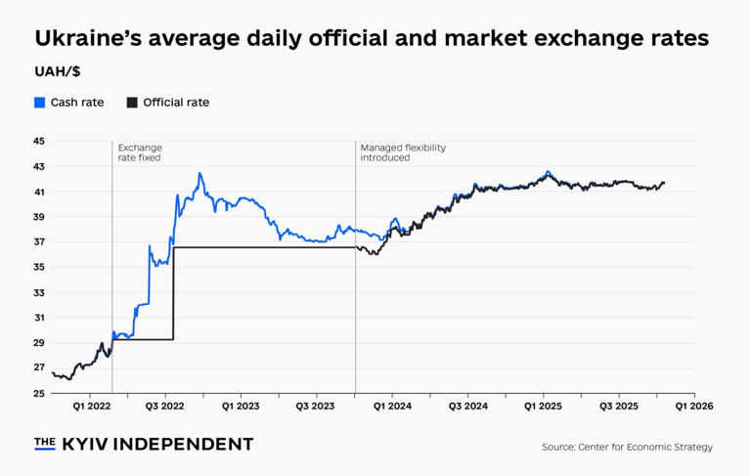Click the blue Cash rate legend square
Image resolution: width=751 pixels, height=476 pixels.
(x=40, y=103)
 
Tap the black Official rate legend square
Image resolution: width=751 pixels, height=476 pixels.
(x=132, y=103)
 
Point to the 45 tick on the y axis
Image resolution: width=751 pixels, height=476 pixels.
(x=39, y=142)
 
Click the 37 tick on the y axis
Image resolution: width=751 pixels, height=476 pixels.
(x=39, y=242)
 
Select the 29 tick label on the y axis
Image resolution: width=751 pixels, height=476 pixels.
(x=39, y=343)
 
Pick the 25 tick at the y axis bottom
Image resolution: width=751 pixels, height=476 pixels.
(x=39, y=393)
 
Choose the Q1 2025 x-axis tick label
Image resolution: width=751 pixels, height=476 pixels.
(x=543, y=405)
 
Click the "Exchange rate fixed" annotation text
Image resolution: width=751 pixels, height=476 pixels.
(x=139, y=152)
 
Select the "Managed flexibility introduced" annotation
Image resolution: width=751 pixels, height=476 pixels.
(x=402, y=152)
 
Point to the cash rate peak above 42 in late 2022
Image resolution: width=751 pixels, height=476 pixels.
(x=199, y=174)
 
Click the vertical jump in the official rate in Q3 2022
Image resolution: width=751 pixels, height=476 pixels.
(x=173, y=293)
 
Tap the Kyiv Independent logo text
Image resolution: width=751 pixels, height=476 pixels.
(x=144, y=444)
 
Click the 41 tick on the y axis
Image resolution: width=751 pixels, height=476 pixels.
(x=39, y=192)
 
